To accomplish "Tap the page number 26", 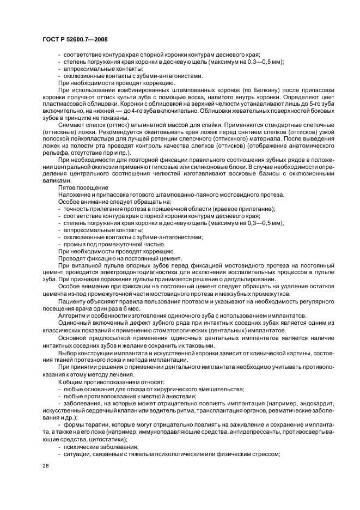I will [46, 466].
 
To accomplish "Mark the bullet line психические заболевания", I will [94, 446].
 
